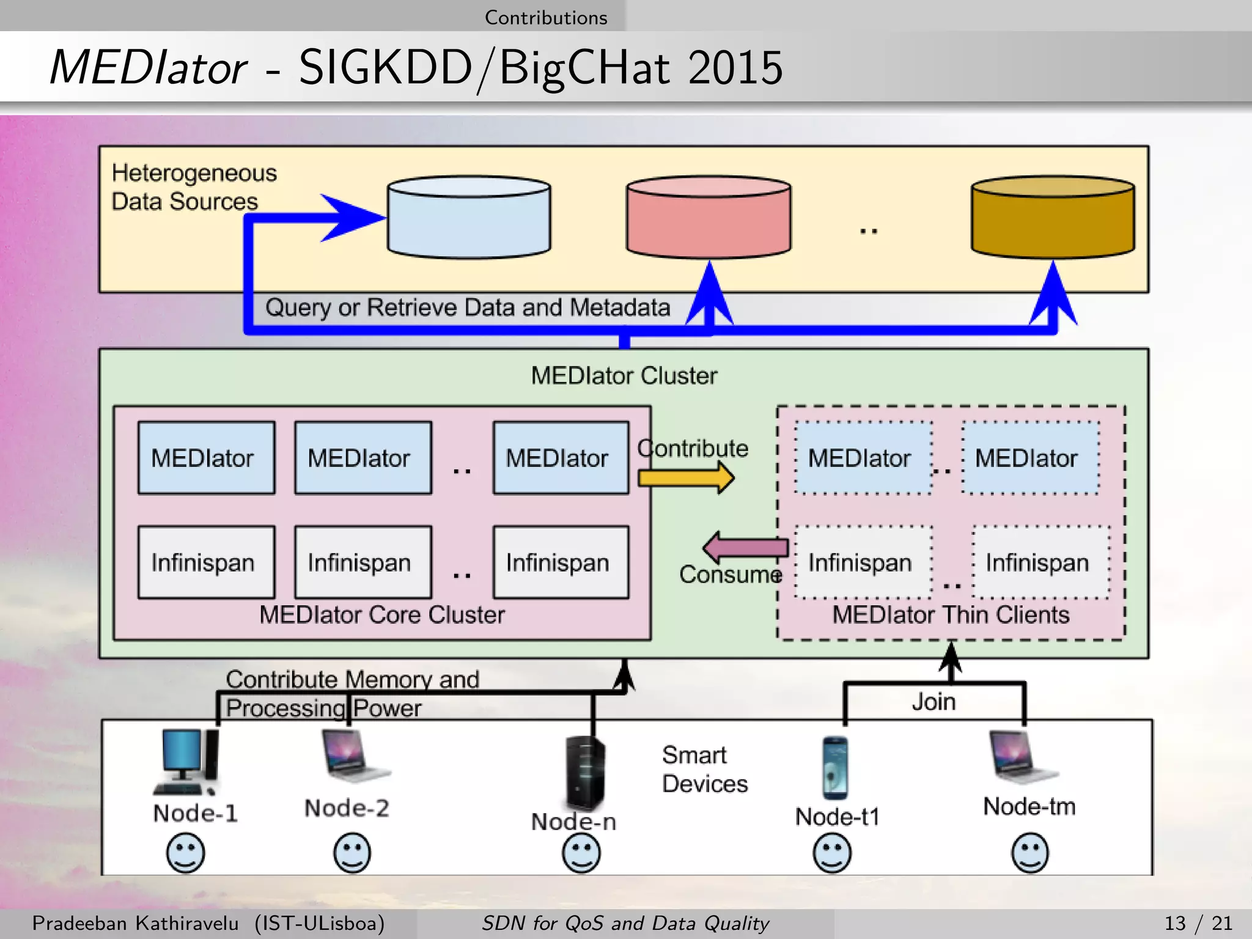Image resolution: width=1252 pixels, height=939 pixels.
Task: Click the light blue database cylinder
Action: point(469,218)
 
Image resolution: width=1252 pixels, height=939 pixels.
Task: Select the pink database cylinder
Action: point(709,218)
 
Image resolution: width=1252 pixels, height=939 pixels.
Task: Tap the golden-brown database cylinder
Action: point(1053,218)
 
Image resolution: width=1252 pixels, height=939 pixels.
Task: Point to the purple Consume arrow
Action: point(745,547)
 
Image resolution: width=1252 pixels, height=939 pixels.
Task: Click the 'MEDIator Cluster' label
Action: point(624,375)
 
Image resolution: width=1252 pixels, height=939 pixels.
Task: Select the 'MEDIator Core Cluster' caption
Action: point(382,614)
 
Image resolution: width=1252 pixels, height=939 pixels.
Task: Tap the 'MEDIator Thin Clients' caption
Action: point(951,614)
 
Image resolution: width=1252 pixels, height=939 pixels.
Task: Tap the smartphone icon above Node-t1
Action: point(834,768)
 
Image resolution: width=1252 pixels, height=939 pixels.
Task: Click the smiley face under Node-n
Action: point(581,853)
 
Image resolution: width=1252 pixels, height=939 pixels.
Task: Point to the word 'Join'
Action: point(933,702)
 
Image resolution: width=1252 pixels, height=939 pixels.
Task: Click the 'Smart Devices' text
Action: point(704,770)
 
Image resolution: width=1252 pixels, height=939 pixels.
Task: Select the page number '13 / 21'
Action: point(1198,923)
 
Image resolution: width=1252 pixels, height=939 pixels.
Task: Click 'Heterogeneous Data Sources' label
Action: point(193,187)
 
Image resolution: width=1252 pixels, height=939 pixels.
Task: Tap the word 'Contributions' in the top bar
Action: point(546,17)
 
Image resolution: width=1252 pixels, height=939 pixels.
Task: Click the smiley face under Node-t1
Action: point(832,853)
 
